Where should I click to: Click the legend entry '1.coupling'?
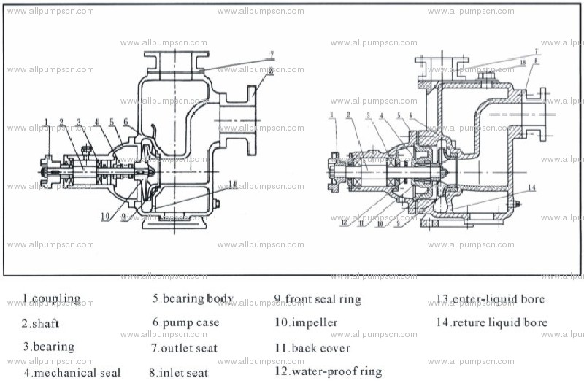point(51,299)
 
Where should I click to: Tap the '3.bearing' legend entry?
point(48,347)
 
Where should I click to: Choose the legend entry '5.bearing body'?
point(193,298)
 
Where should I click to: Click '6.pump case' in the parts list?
point(185,322)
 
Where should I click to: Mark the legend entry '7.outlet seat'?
point(184,348)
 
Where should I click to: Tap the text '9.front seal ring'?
point(318,299)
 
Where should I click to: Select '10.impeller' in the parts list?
point(306,322)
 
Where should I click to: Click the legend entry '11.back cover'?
point(312,348)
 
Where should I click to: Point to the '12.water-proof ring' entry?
point(328,371)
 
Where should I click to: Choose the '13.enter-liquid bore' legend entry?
point(491,299)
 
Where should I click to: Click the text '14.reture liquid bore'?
point(492,322)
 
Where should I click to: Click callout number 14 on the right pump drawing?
point(531,187)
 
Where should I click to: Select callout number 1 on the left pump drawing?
point(45,120)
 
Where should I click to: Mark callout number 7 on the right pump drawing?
point(536,51)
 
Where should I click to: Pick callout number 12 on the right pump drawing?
point(342,223)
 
